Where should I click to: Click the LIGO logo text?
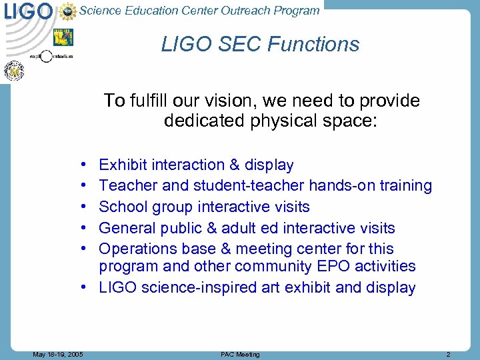coord(28,11)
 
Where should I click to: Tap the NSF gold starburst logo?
coord(67,11)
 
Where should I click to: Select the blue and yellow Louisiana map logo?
coord(63,37)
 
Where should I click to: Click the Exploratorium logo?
coord(47,56)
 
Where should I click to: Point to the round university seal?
coord(14,70)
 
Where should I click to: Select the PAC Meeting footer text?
coord(240,354)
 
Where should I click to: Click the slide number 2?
coord(448,354)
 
